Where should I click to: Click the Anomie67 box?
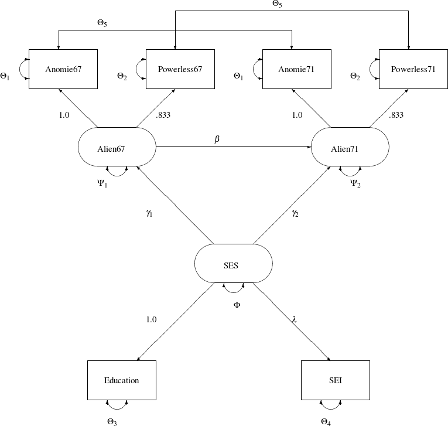point(63,69)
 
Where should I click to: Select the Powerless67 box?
point(180,69)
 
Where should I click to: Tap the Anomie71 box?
point(296,69)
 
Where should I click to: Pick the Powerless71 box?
point(413,69)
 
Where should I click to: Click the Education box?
point(122,380)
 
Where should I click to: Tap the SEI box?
point(335,380)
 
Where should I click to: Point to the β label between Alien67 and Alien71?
point(217,139)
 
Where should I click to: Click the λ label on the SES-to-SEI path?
point(294,319)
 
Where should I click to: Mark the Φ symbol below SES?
point(237,305)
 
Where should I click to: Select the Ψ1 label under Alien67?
point(102,183)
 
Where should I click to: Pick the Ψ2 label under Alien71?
point(355,183)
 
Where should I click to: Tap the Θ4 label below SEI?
point(326,421)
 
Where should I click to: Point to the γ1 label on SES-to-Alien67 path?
point(149,213)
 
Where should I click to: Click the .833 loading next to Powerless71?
point(396,115)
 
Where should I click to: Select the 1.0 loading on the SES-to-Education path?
point(151,319)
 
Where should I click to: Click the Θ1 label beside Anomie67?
point(5,76)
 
